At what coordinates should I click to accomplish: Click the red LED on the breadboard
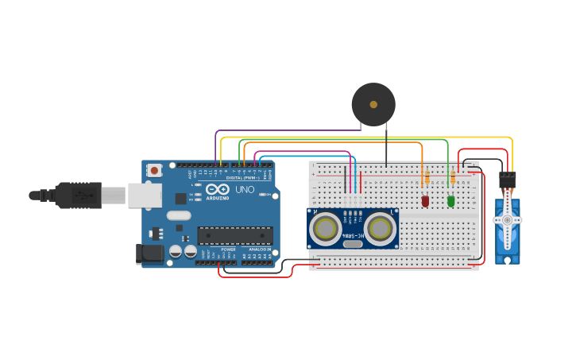coord(425,201)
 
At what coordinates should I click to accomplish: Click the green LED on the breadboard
coord(451,201)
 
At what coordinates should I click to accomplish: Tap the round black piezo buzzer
coord(373,104)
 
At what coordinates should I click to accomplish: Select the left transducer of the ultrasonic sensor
coord(325,229)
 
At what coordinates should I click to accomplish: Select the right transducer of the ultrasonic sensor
coord(381,229)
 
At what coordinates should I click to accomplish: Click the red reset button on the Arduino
coord(154,170)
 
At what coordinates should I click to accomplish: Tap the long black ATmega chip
coord(234,235)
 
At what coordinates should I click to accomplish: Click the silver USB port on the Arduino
coord(145,195)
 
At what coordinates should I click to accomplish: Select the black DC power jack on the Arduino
coord(149,254)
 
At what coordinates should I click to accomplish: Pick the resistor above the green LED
coord(453,178)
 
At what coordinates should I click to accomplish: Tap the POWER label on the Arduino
coord(228,250)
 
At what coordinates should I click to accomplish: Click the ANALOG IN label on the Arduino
coord(259,250)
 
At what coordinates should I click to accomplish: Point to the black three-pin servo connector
coord(506,180)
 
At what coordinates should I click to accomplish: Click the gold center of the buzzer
coord(373,103)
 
